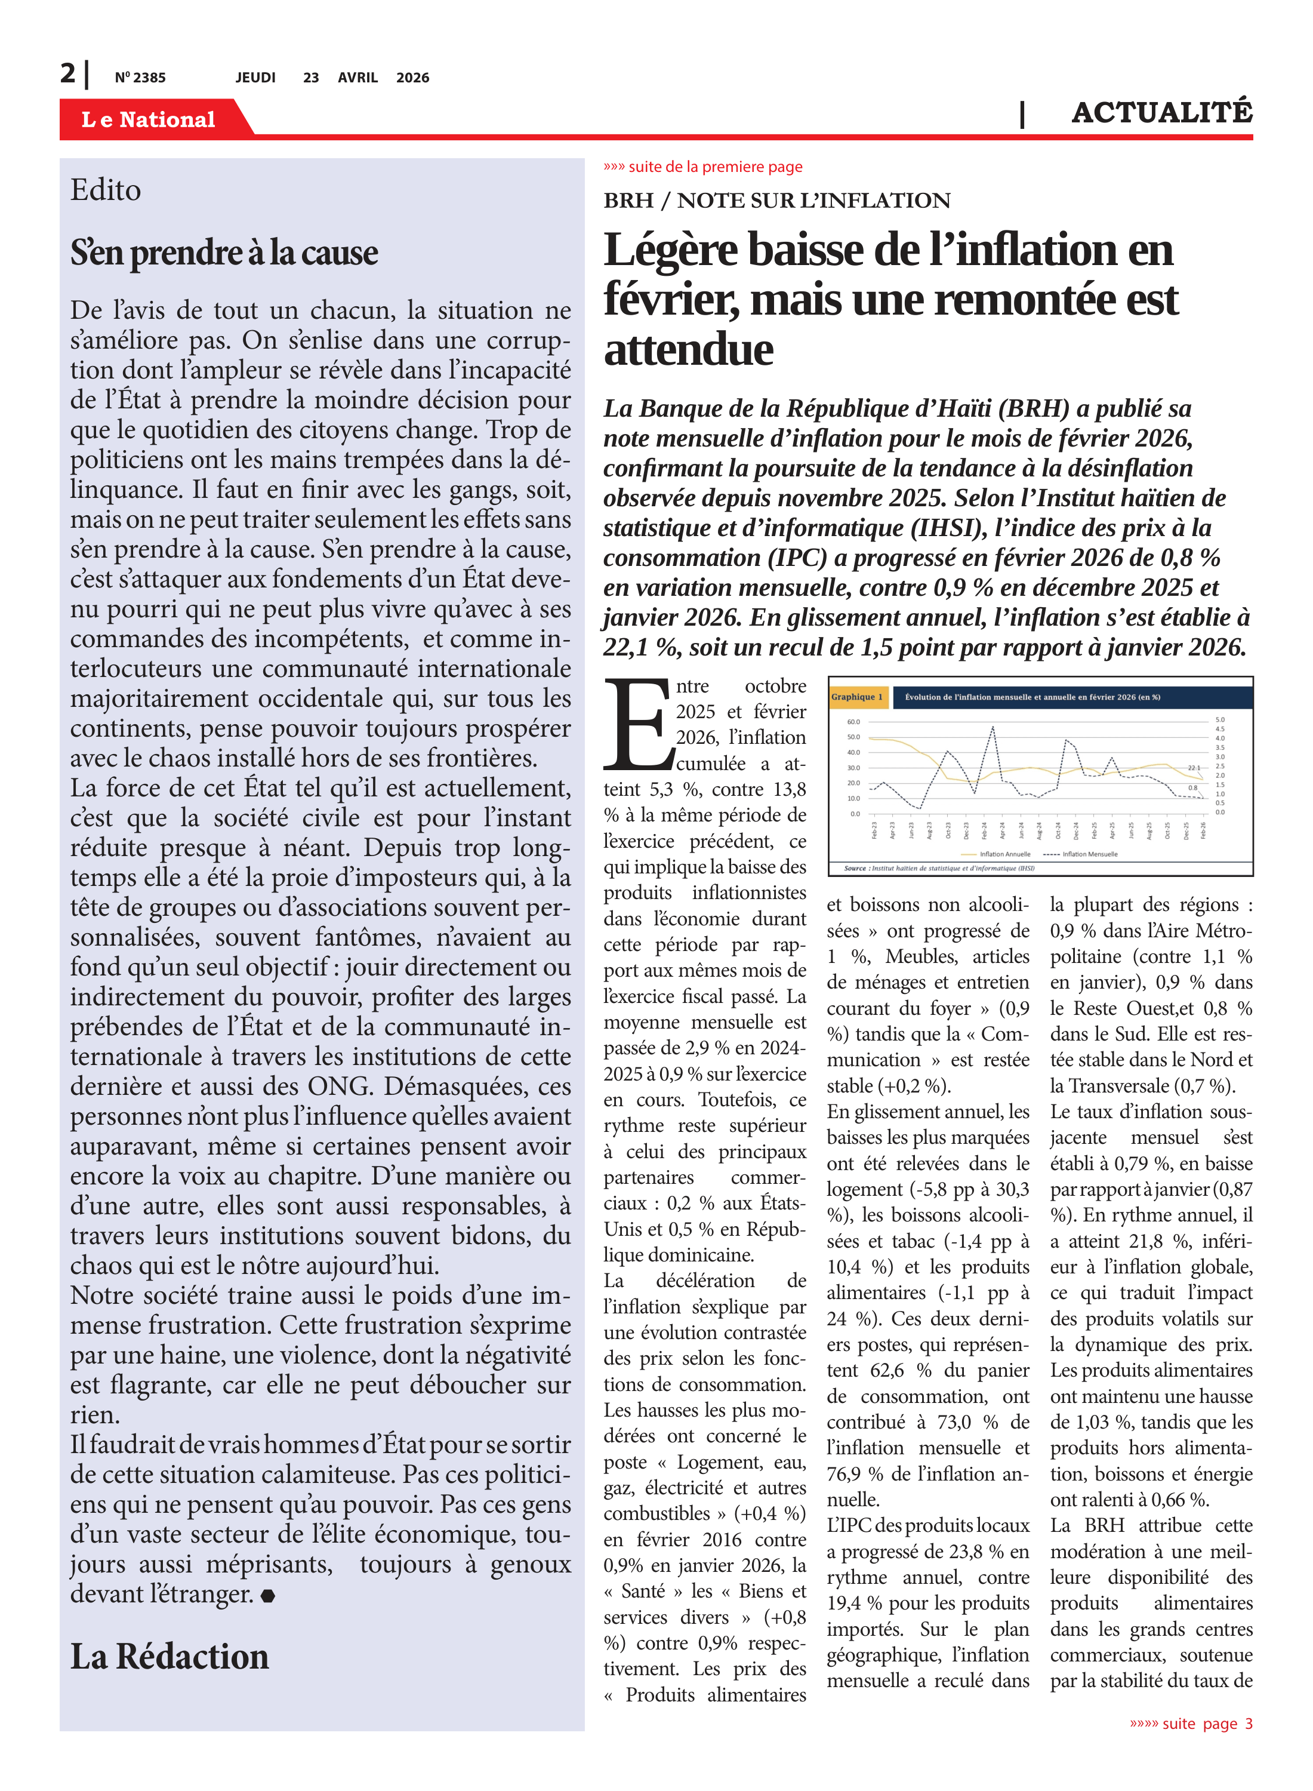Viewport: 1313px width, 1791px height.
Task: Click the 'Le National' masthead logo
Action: point(149,119)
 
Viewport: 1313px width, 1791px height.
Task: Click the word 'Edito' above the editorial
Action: point(106,190)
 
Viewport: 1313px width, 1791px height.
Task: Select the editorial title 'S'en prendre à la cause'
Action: point(224,253)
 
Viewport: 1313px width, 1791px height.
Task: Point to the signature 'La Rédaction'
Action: point(169,1657)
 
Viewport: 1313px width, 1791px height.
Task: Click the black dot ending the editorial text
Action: point(268,1595)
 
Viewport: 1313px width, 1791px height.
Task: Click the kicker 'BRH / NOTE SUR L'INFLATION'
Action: point(776,201)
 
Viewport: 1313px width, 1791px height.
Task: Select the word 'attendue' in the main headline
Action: point(688,350)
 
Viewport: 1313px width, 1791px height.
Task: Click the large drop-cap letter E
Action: point(637,725)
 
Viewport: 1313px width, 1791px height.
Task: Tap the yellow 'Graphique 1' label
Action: point(857,697)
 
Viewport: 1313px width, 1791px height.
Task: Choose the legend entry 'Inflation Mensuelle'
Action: point(1090,854)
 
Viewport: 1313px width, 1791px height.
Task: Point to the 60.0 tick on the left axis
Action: point(853,722)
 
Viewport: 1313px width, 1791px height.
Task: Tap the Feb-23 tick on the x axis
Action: point(874,830)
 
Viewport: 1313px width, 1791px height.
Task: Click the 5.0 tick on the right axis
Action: point(1220,719)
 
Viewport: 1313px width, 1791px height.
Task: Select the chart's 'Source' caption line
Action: point(939,868)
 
